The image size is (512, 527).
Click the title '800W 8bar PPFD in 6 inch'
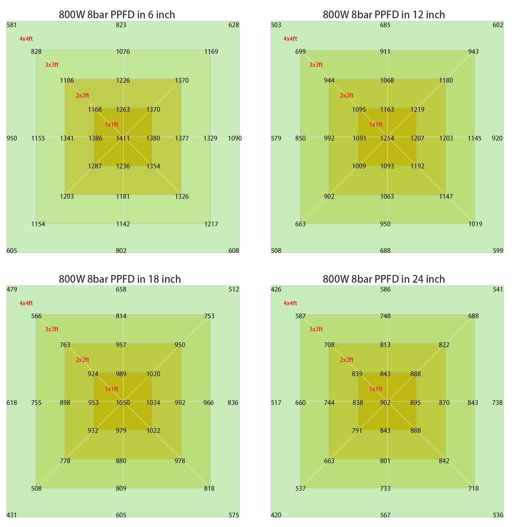(x=117, y=15)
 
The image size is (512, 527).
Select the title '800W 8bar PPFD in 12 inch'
(x=384, y=15)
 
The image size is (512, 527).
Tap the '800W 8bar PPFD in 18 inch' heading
(x=120, y=279)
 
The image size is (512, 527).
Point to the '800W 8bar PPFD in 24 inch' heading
(x=384, y=279)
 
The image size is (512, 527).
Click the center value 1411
(x=123, y=138)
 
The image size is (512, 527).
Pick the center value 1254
(x=387, y=138)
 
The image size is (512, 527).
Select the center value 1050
(x=123, y=403)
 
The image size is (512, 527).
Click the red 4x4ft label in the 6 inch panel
(x=26, y=39)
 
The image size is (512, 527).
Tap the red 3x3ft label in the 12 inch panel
(x=316, y=65)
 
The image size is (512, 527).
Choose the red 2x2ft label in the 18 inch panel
(x=82, y=360)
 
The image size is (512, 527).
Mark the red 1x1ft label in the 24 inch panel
(x=376, y=389)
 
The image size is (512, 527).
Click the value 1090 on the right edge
(x=235, y=138)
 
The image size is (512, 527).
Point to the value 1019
(x=475, y=224)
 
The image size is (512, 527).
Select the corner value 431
(x=12, y=515)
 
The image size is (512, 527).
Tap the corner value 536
(x=498, y=515)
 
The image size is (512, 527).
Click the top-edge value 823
(x=121, y=25)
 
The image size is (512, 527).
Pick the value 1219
(x=417, y=109)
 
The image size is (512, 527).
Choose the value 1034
(x=153, y=403)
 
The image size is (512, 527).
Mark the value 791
(x=357, y=430)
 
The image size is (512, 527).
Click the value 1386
(x=95, y=138)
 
